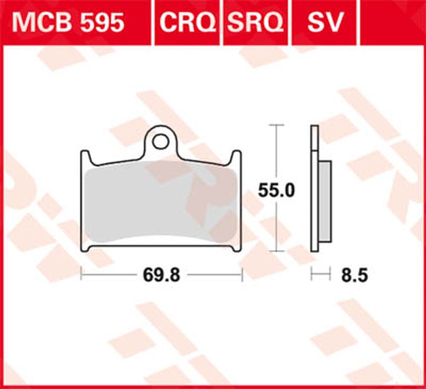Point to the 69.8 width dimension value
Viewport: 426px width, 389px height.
click(x=161, y=276)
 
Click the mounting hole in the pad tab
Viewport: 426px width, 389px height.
click(x=161, y=141)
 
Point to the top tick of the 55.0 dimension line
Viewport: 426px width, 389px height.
click(x=277, y=125)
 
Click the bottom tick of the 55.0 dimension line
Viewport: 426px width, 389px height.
click(x=277, y=251)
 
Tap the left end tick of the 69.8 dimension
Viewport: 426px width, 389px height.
click(x=81, y=275)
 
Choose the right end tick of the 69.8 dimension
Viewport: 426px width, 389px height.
click(x=242, y=275)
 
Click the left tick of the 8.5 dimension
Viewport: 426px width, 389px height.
click(x=311, y=275)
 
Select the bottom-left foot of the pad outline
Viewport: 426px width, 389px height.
click(x=85, y=248)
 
